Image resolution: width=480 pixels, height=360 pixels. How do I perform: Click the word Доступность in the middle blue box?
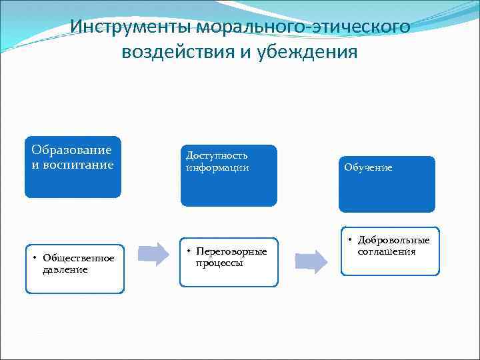217,155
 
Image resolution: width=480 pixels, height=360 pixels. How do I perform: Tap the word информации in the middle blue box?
217,167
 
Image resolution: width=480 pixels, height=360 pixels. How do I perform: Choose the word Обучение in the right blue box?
368,167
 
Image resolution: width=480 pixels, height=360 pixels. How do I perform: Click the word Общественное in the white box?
79,258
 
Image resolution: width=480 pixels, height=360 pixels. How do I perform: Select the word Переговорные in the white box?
231,251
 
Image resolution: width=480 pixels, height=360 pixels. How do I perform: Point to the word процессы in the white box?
219,263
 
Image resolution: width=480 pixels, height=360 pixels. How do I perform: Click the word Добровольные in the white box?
393,240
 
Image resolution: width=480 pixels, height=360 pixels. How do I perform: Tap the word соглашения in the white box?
387,251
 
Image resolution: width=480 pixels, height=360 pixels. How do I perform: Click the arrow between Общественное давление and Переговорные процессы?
154,255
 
